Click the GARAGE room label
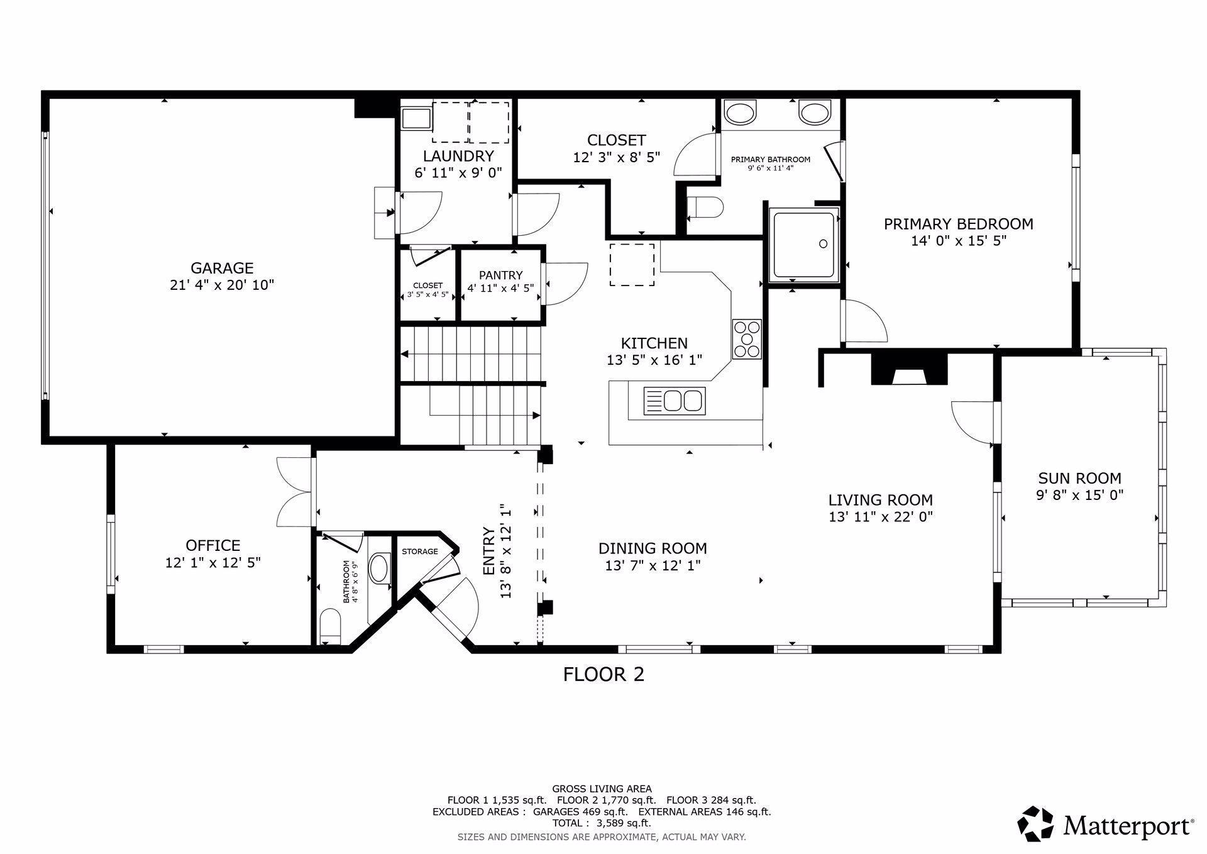(222, 268)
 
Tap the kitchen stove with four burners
(747, 340)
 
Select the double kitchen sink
(674, 401)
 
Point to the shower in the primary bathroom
(805, 245)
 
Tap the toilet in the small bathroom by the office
(330, 626)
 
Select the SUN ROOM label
(1079, 478)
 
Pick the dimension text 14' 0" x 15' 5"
(959, 240)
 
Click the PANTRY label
(500, 275)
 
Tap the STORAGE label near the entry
(420, 552)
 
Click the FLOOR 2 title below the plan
(603, 675)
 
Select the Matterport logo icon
(1035, 823)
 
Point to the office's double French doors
(295, 492)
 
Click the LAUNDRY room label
(458, 156)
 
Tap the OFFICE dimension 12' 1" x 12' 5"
(213, 562)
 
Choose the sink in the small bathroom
(379, 568)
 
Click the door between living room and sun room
(974, 423)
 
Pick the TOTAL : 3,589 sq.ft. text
(602, 823)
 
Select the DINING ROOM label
(653, 548)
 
